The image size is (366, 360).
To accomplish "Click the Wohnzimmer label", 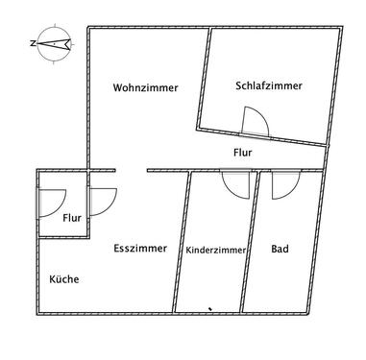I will pyautogui.click(x=145, y=87).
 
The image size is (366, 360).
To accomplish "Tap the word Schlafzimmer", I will pyautogui.click(x=268, y=85).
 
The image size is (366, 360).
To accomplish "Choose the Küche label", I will pyautogui.click(x=64, y=279).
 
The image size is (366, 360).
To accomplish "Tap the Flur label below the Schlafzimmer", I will pyautogui.click(x=244, y=152).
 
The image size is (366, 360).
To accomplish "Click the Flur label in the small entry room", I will pyautogui.click(x=71, y=218).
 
